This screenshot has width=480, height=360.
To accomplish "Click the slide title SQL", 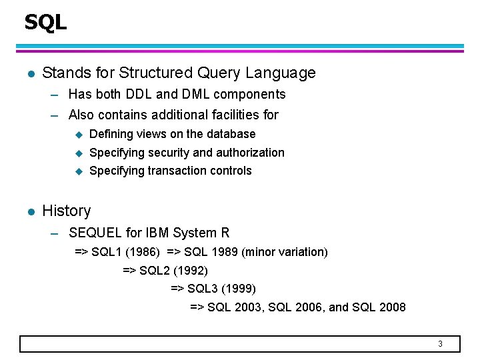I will coord(45,23).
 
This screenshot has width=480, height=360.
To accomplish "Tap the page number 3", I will coord(440,344).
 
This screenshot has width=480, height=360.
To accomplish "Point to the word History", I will coord(66,211).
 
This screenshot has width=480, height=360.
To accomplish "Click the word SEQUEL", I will coord(95,233).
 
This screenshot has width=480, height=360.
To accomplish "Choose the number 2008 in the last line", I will coord(391,307).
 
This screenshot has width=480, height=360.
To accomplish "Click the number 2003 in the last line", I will coord(249,307).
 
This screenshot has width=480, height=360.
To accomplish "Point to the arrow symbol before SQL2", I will coord(129,271).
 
